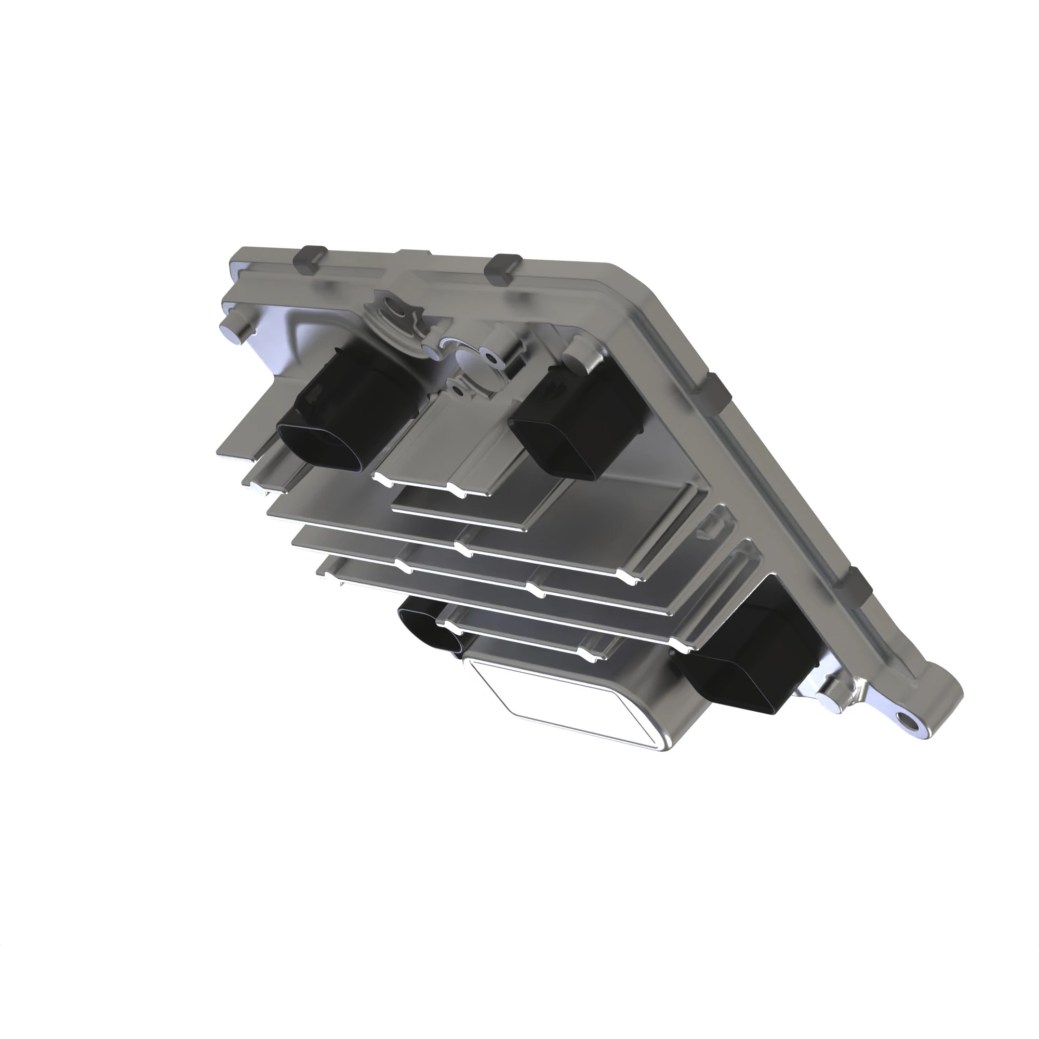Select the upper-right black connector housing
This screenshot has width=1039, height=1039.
(578, 419)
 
